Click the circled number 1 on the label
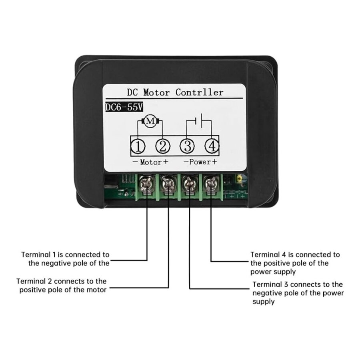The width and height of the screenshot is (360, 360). [138, 147]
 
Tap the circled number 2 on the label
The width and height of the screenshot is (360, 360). [162, 147]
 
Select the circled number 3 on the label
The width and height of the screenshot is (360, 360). [187, 147]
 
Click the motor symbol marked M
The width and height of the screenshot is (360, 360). [150, 122]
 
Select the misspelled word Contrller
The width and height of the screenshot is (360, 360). [200, 92]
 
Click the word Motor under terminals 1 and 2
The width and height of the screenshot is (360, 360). [150, 162]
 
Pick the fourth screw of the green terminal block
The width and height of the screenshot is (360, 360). [210, 184]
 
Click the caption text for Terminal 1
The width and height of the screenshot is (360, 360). [66, 258]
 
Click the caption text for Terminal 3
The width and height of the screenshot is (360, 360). [298, 293]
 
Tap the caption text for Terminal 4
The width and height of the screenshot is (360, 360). [295, 263]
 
